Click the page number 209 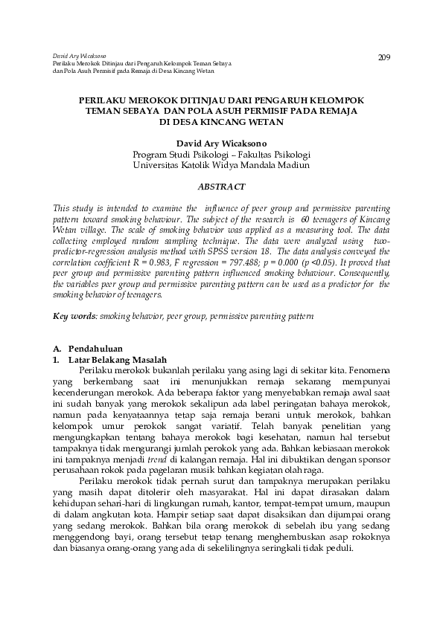click(x=384, y=57)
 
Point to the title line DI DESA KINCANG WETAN click(x=221, y=120)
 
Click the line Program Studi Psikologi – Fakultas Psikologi click(x=221, y=154)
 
